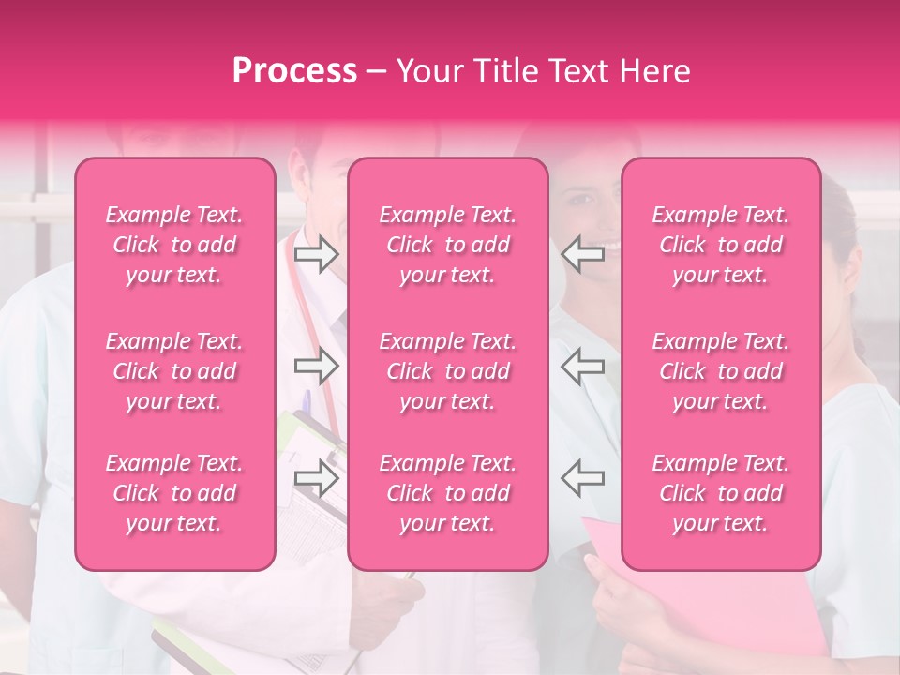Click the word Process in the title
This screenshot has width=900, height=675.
(x=294, y=71)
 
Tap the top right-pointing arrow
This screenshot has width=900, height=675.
(x=316, y=254)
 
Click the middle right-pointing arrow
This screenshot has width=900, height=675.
(x=316, y=366)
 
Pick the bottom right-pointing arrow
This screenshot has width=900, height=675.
(x=316, y=477)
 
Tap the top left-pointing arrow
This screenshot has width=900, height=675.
(x=583, y=254)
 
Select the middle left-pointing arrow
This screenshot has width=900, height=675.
(x=583, y=366)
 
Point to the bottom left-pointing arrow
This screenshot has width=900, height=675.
(x=583, y=477)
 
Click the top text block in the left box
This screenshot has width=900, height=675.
(x=174, y=245)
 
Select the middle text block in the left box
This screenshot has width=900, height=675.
(x=174, y=371)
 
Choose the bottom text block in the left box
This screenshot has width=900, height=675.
(x=174, y=493)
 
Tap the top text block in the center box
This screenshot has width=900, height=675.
(x=447, y=245)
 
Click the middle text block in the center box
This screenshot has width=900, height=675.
(x=447, y=371)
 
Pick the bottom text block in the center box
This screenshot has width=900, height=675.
(x=447, y=493)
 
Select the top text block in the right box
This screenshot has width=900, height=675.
(x=721, y=245)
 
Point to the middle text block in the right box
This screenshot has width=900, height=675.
(x=721, y=371)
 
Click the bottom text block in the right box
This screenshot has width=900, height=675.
(x=721, y=493)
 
